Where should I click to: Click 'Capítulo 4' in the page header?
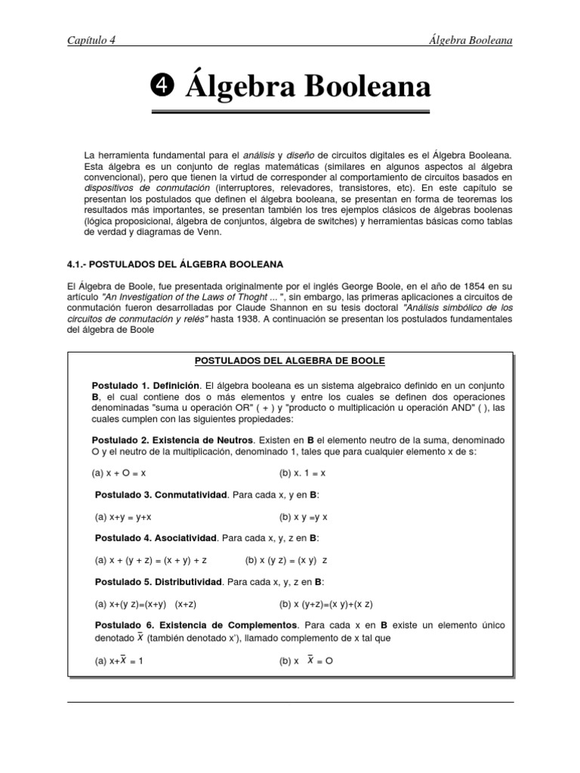(92, 40)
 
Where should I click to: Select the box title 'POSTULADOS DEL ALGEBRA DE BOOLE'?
(290, 361)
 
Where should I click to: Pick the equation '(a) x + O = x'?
(119, 473)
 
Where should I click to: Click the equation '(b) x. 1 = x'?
(302, 473)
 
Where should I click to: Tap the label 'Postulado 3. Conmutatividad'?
(161, 494)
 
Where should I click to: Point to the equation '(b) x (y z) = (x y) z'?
(287, 560)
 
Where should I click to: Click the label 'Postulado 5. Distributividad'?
(159, 582)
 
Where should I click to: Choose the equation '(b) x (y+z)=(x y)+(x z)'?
(325, 604)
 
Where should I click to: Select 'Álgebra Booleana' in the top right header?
(469, 40)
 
